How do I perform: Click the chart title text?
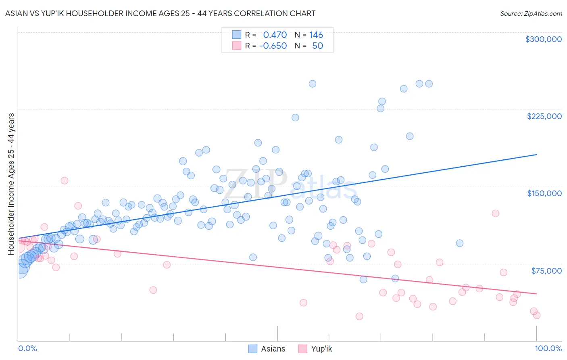[x=160, y=13]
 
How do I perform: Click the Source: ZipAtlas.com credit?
[x=531, y=13]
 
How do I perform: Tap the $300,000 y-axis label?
[x=543, y=39]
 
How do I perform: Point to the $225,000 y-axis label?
[x=544, y=116]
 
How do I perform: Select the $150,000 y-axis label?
[x=544, y=193]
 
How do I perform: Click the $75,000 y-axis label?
[x=546, y=271]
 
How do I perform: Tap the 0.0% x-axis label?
[x=27, y=348]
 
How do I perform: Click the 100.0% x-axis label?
[x=548, y=348]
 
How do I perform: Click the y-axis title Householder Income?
[x=11, y=184]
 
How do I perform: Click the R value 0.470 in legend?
[x=275, y=35]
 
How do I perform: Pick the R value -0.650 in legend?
[x=273, y=46]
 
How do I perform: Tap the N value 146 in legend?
[x=316, y=35]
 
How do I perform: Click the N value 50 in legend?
[x=317, y=46]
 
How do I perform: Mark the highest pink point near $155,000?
[x=64, y=180]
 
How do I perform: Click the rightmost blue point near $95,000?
[x=459, y=243]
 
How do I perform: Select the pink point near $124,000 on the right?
[x=495, y=213]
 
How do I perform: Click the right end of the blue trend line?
[x=536, y=155]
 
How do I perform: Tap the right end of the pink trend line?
[x=536, y=293]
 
